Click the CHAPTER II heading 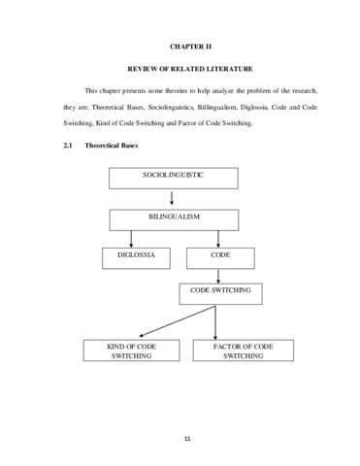click(190, 47)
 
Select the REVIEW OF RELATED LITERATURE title click(190, 69)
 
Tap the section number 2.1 click(68, 146)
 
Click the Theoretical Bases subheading click(112, 146)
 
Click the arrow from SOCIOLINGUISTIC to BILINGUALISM click(172, 198)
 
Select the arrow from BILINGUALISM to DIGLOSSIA click(131, 239)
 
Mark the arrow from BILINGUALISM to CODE click(218, 239)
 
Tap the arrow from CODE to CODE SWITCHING click(218, 277)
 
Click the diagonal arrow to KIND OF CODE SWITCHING click(177, 321)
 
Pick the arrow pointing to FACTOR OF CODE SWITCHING click(215, 322)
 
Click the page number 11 click(187, 439)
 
